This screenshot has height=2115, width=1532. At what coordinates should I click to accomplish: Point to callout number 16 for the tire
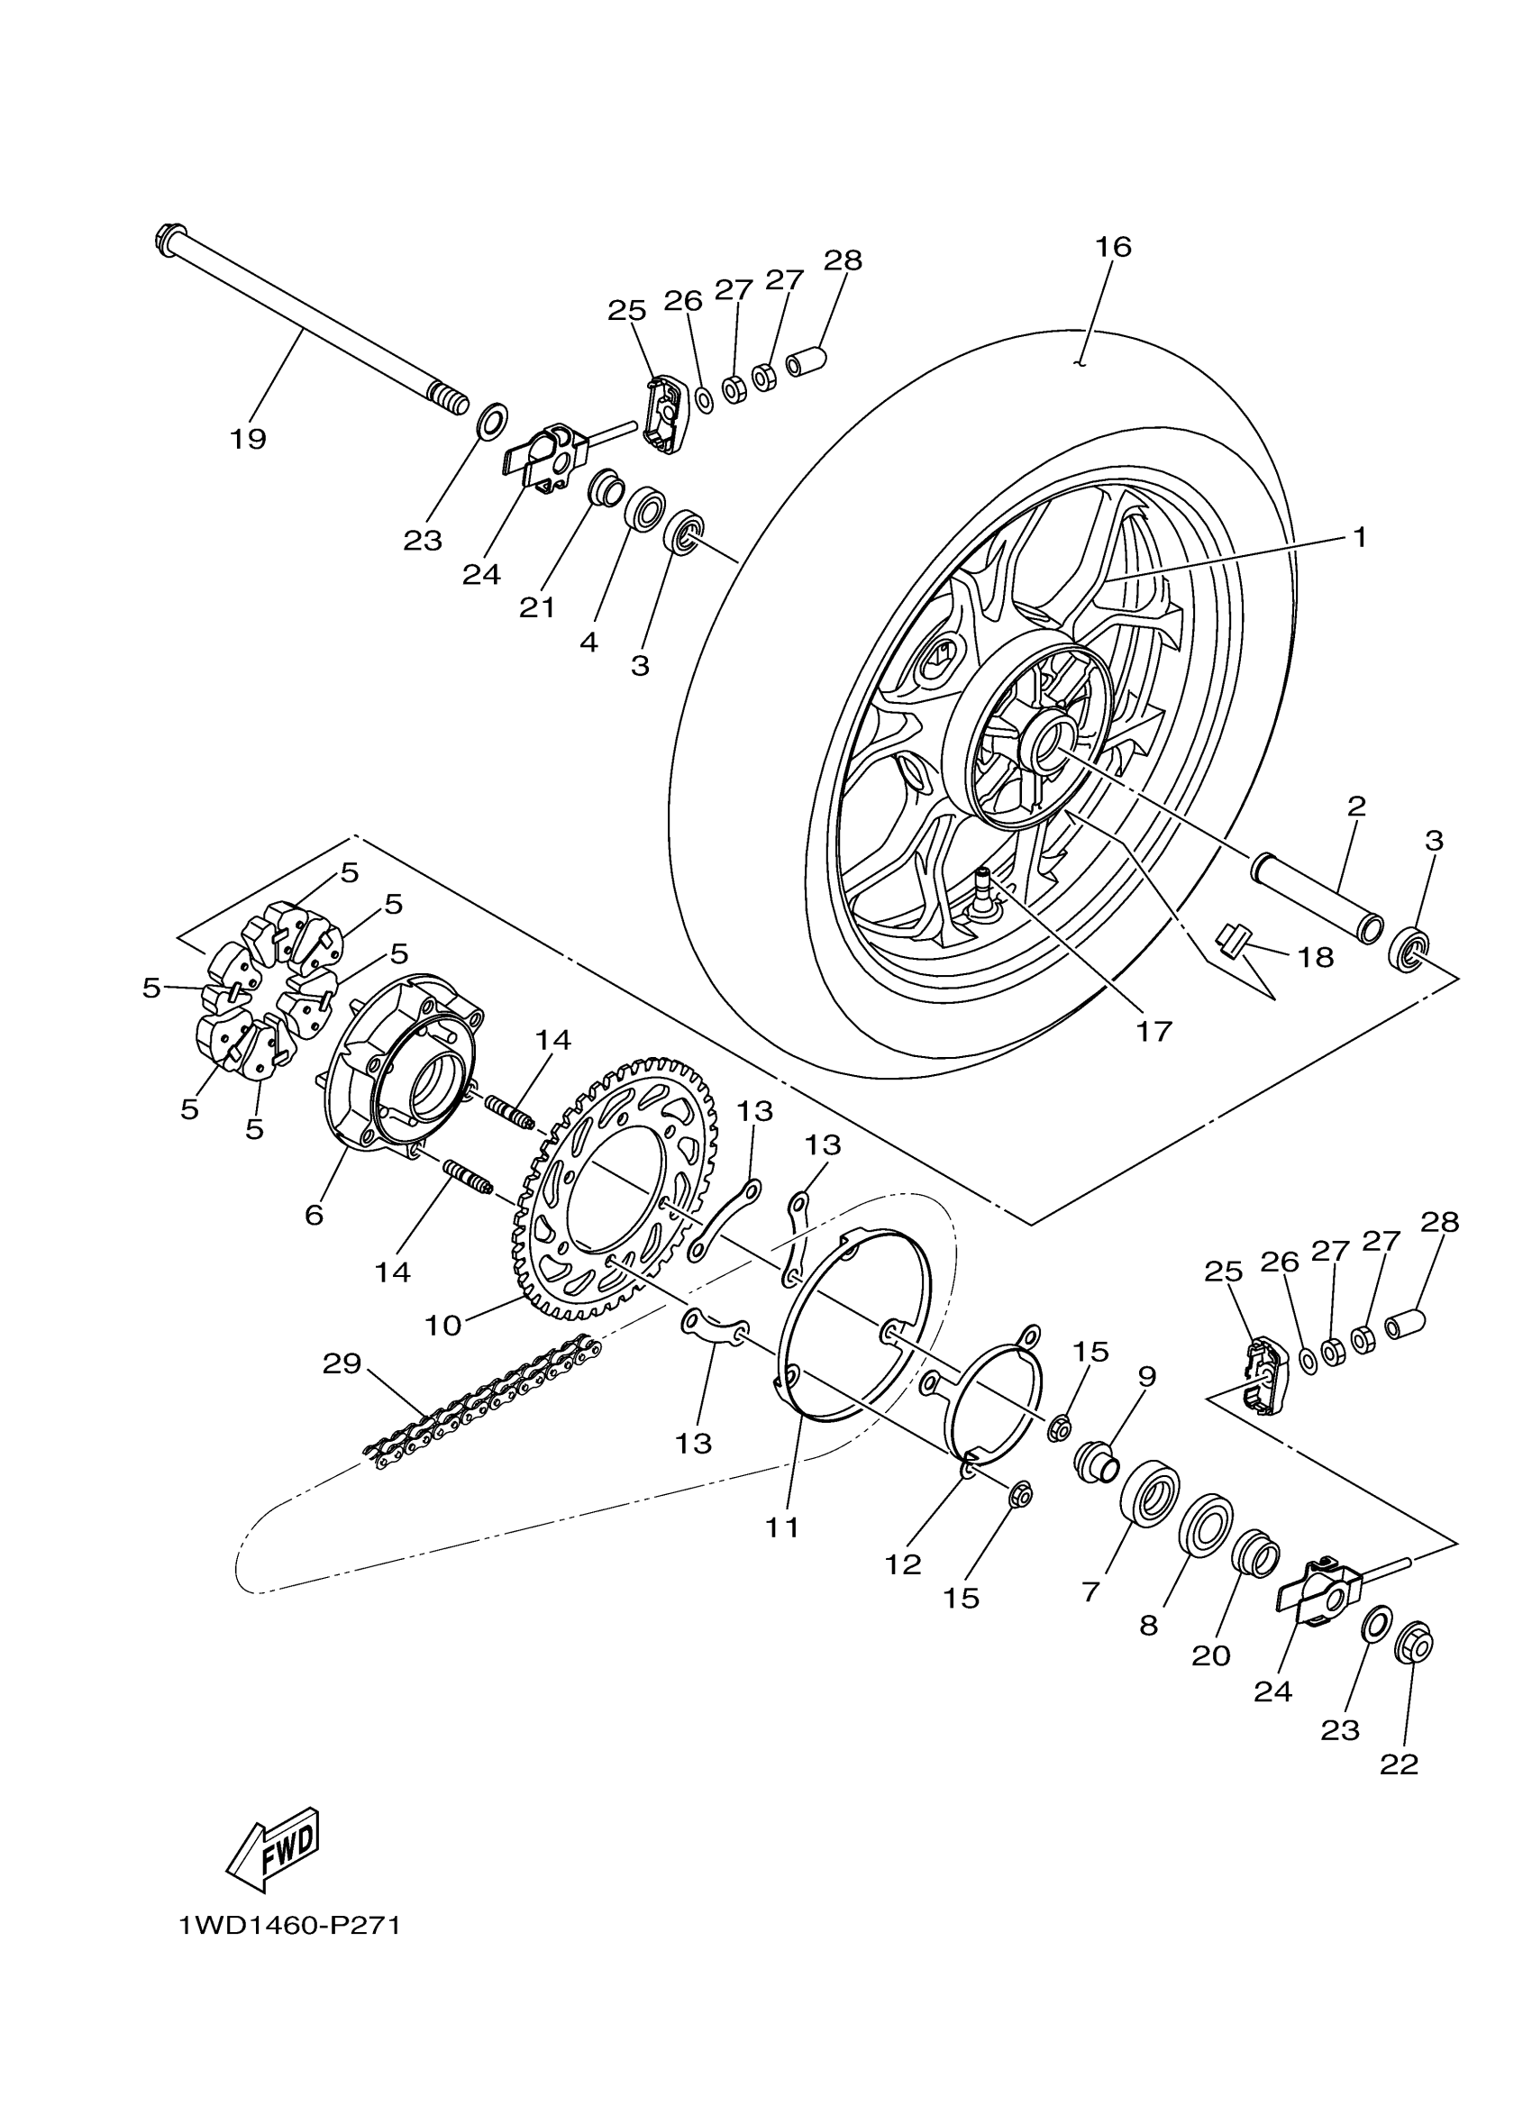[x=1112, y=247]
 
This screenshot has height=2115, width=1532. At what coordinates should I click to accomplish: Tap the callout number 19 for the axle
[x=248, y=438]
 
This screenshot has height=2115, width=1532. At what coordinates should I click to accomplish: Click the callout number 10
[x=442, y=1325]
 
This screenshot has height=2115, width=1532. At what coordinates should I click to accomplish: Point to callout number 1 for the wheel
[x=1359, y=537]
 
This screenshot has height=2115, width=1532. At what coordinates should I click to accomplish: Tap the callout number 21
[x=537, y=608]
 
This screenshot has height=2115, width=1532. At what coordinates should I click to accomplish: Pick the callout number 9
[x=1146, y=1376]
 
